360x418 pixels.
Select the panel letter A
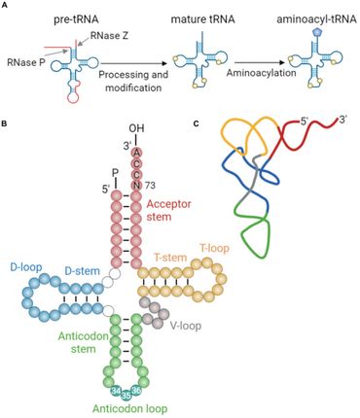click(x=6, y=6)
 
